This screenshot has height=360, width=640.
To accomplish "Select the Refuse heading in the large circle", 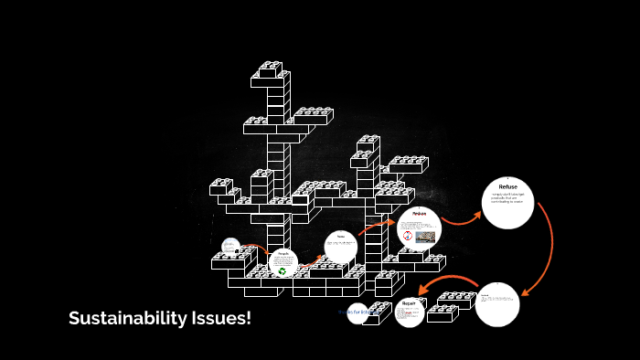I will coord(507,186).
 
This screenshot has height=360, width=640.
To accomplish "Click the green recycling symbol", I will coord(283,270).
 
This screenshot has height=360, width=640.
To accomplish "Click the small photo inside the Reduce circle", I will coord(426,237).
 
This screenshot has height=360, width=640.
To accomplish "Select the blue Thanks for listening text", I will coord(358,312).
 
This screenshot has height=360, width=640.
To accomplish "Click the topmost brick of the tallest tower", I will coord(271,69).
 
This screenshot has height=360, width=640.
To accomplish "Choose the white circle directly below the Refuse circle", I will coord(497,304).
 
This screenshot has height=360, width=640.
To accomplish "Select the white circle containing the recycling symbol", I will coord(283,264).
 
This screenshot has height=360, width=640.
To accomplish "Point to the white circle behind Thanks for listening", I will coord(357,313).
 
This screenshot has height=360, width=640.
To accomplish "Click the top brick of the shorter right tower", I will coord(368,142).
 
